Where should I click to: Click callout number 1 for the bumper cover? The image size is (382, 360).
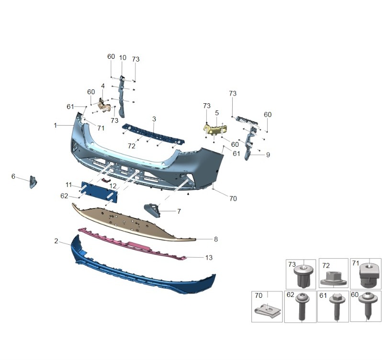(56, 125)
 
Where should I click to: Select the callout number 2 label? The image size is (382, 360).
(56, 241)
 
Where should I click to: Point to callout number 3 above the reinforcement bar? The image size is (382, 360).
(154, 119)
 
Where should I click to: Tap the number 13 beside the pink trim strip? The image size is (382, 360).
(209, 258)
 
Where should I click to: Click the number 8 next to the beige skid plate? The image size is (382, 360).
(216, 239)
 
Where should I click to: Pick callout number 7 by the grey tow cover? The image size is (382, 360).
(179, 211)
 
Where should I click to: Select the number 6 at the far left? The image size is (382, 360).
(13, 176)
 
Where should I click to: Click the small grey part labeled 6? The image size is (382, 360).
(33, 182)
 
